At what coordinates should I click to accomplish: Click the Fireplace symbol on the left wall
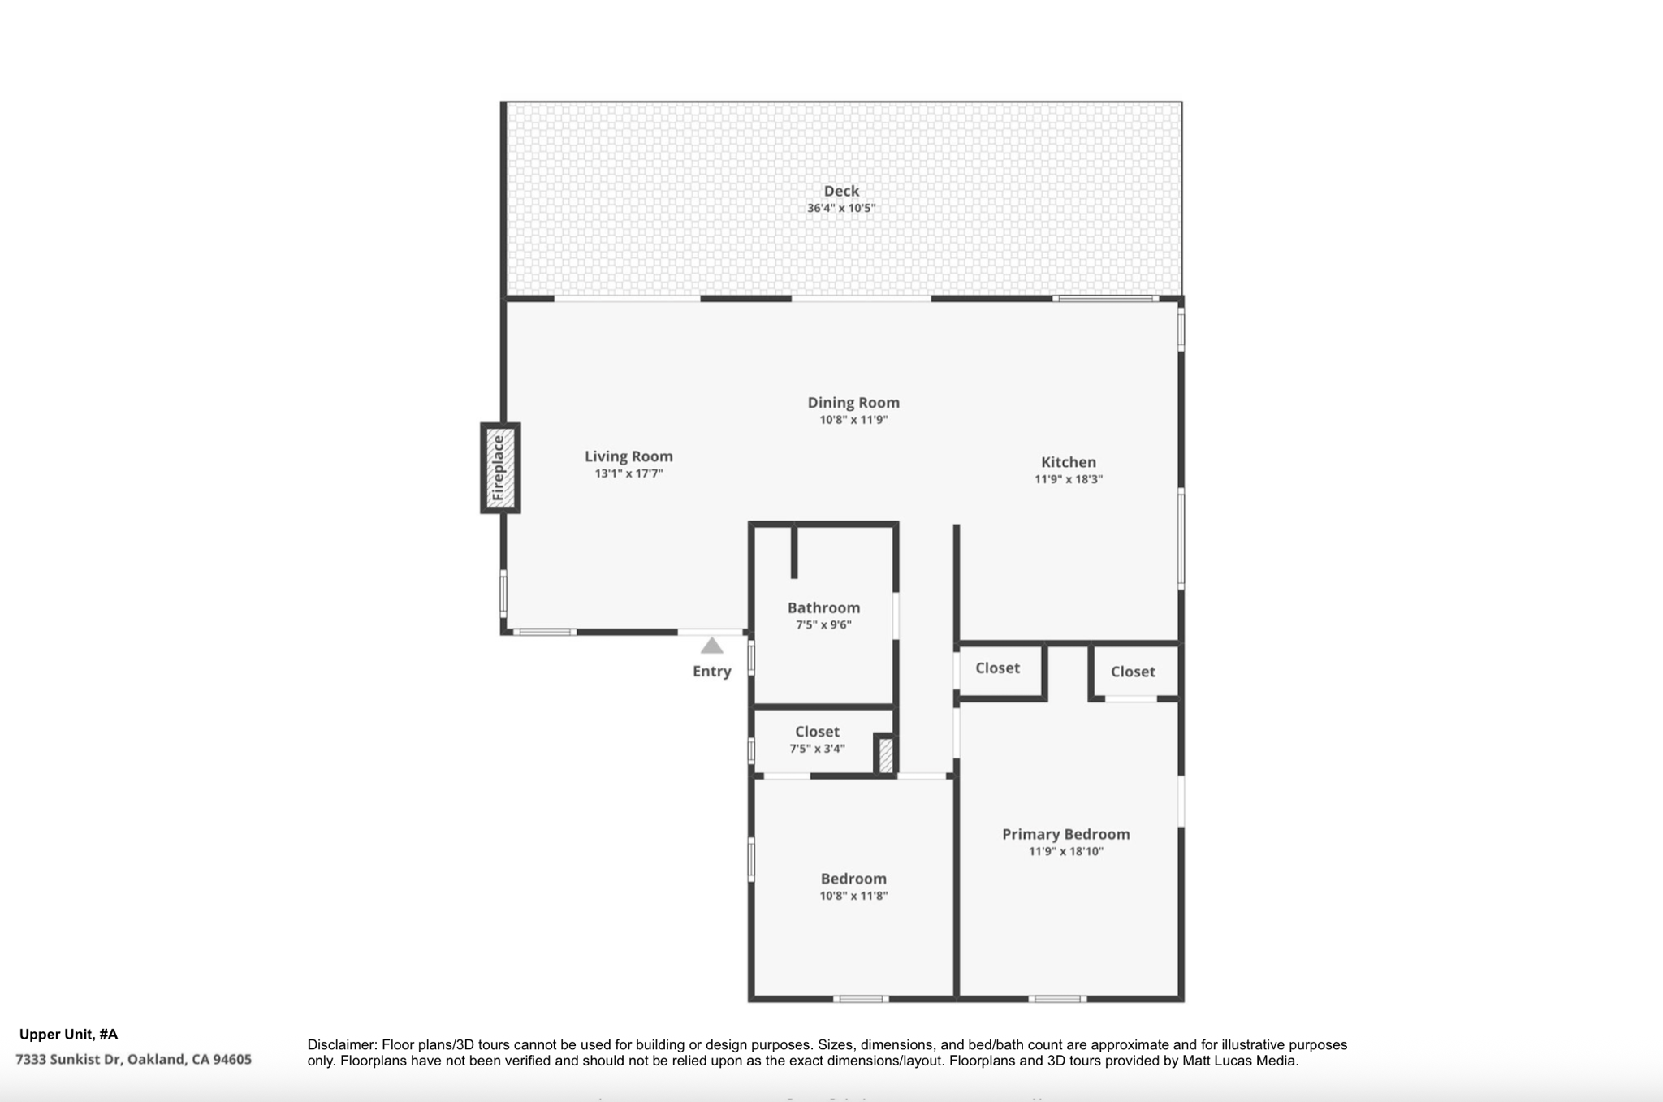click(x=500, y=468)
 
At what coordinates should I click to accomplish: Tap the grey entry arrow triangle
click(x=712, y=646)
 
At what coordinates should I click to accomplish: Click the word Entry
click(x=712, y=672)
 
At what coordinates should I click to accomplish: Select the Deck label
click(x=841, y=191)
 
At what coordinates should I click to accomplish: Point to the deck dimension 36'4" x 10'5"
click(x=841, y=208)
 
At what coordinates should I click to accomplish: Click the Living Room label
click(x=628, y=456)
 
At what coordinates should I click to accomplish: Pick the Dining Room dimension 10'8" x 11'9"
click(x=853, y=420)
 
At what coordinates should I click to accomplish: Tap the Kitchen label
click(x=1069, y=462)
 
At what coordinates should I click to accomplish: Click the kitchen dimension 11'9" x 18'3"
click(x=1069, y=479)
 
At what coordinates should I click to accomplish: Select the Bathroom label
click(x=823, y=607)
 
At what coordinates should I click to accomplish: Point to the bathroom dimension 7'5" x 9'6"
click(x=823, y=624)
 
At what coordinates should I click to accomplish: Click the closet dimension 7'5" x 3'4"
click(x=817, y=749)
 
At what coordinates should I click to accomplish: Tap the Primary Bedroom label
click(x=1065, y=834)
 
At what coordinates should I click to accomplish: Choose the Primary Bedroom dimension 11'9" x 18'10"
click(x=1065, y=851)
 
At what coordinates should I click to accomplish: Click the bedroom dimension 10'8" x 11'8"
click(x=853, y=896)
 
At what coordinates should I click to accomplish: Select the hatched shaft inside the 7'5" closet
click(x=885, y=755)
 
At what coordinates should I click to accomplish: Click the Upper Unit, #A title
click(x=68, y=1035)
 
